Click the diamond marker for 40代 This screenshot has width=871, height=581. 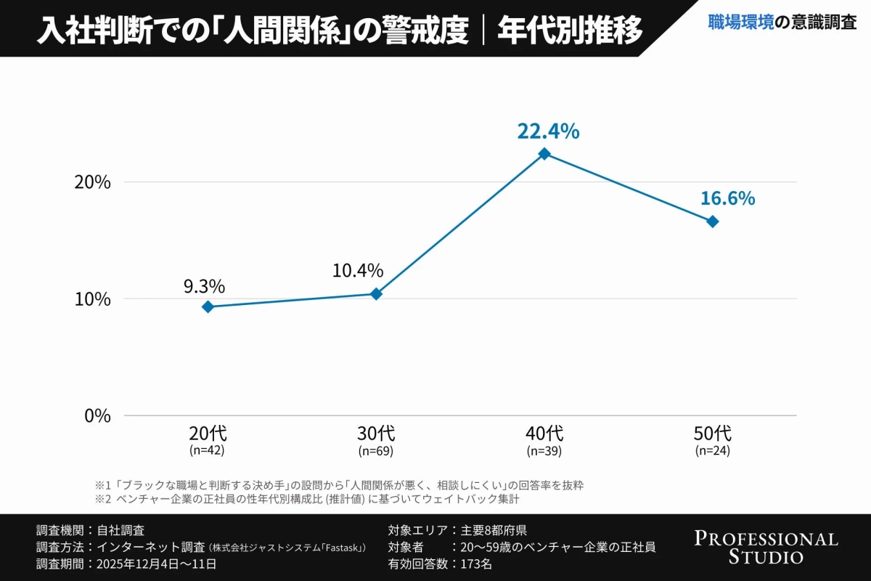544,154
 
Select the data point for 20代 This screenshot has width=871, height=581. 208,307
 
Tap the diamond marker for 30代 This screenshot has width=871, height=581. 376,294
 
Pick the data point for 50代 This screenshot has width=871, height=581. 713,222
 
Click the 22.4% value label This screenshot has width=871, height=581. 548,131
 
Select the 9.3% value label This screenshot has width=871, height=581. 204,286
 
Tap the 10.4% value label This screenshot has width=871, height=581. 358,271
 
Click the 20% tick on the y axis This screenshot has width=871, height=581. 93,182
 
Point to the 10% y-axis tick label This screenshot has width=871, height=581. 93,299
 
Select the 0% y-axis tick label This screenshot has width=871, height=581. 97,416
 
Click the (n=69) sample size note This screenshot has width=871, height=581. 376,451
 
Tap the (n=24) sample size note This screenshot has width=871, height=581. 713,451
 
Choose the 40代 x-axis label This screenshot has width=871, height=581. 544,434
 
